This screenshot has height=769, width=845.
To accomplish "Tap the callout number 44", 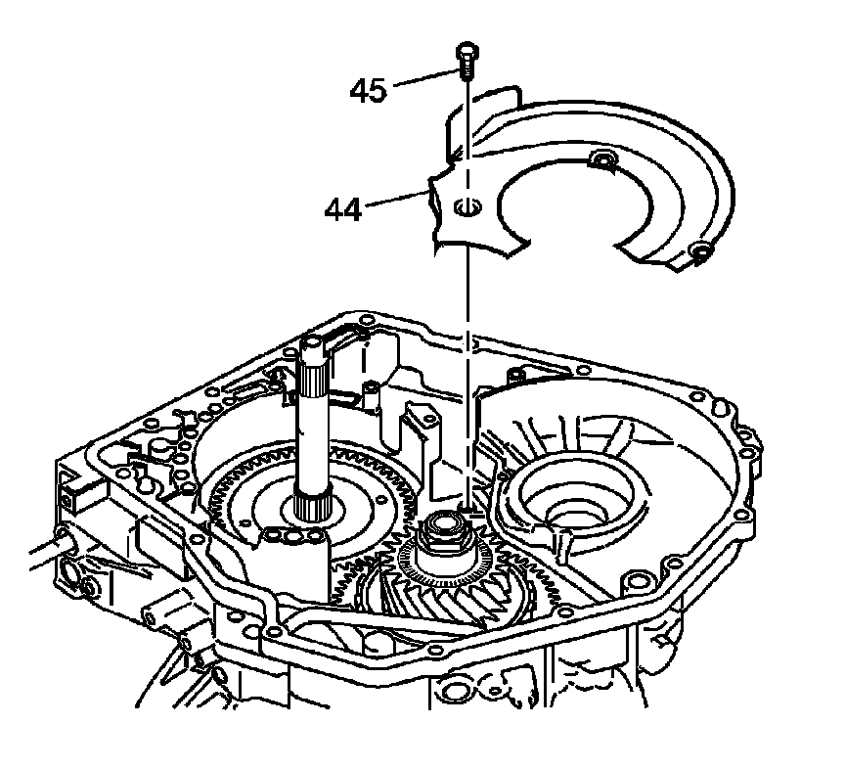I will coord(343,207).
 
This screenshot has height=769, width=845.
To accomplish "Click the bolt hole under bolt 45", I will coord(465,206).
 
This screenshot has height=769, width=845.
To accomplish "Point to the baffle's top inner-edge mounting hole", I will coord(602,159).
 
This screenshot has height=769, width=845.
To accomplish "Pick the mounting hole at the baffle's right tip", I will coord(699,255).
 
